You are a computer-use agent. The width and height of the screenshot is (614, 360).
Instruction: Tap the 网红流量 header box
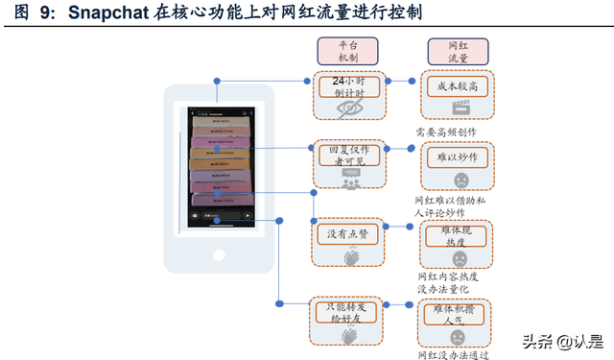coord(458,53)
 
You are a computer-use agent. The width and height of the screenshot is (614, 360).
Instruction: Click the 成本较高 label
coord(458,86)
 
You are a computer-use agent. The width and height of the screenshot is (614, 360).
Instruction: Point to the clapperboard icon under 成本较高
coord(458,108)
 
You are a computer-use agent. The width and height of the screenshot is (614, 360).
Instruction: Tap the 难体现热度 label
coord(459,235)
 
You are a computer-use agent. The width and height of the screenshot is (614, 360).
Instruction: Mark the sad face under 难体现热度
coord(459,258)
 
